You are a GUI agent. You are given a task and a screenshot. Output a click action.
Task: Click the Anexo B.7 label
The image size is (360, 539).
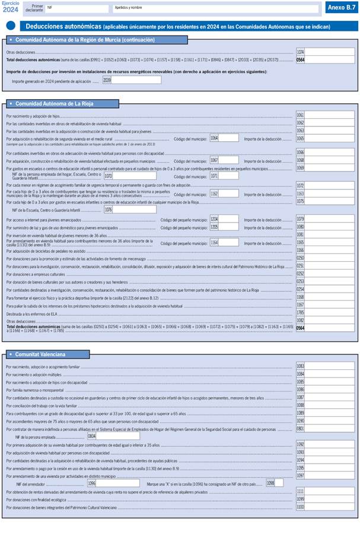(340, 8)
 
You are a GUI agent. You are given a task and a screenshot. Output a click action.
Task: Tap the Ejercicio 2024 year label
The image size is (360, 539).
(11, 7)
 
